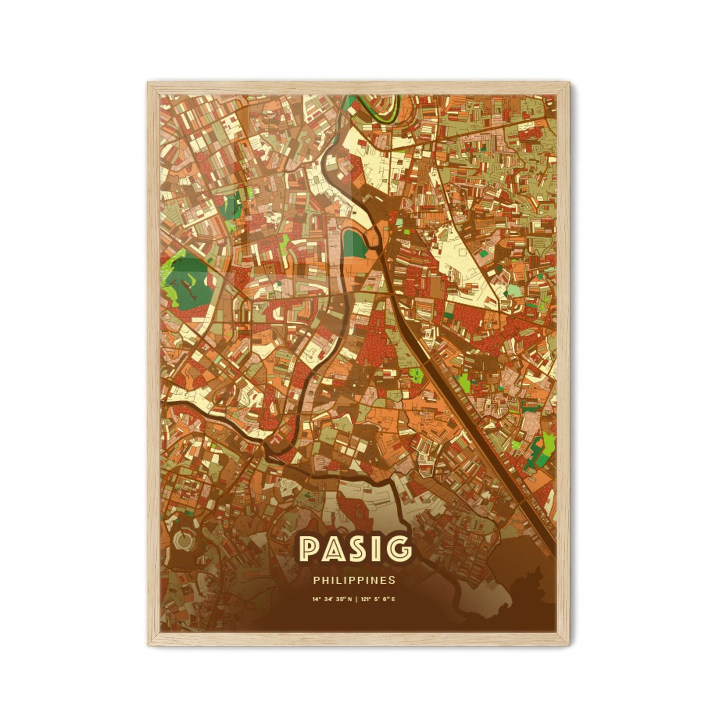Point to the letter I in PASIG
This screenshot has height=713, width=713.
(x=377, y=549)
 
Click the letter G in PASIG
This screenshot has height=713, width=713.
(x=398, y=549)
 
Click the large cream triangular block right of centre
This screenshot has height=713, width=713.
(x=464, y=257)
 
